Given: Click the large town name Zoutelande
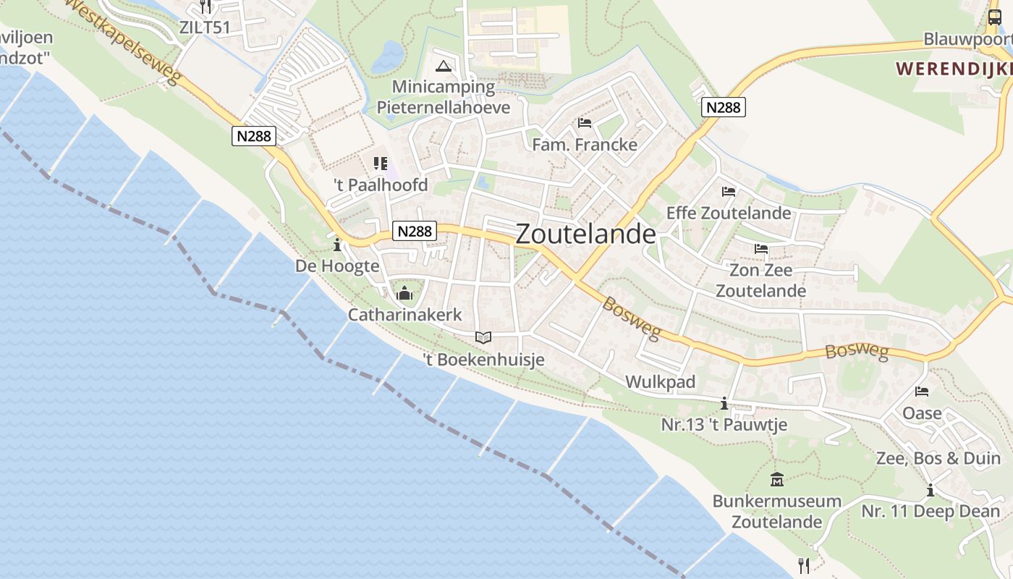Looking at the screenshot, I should point(586,234).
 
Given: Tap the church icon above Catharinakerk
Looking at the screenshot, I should point(404,293).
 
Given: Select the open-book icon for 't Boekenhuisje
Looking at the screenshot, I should point(483,337).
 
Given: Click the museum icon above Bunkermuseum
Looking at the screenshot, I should point(777,479).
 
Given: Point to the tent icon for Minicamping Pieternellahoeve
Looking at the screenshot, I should point(444,67).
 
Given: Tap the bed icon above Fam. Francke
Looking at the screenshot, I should point(585,123).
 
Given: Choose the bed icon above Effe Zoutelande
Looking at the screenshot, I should point(729,192).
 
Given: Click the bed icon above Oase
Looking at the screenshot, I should point(922,392).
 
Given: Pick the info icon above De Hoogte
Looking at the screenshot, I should point(337,245).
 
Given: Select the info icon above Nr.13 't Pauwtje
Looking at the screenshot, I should point(724,403).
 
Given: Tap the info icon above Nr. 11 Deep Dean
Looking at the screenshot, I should point(930,490).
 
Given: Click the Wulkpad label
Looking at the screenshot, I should point(660,381).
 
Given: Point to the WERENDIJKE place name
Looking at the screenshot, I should point(954,69).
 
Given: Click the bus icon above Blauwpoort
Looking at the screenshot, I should point(995,17).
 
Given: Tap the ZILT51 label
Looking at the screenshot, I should point(205,28).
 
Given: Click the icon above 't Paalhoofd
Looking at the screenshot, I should point(381,164).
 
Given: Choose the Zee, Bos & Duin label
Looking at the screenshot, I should point(938,458).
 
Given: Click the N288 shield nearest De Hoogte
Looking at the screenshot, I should point(415,231).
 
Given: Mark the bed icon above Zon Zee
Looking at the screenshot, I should point(761,249).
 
